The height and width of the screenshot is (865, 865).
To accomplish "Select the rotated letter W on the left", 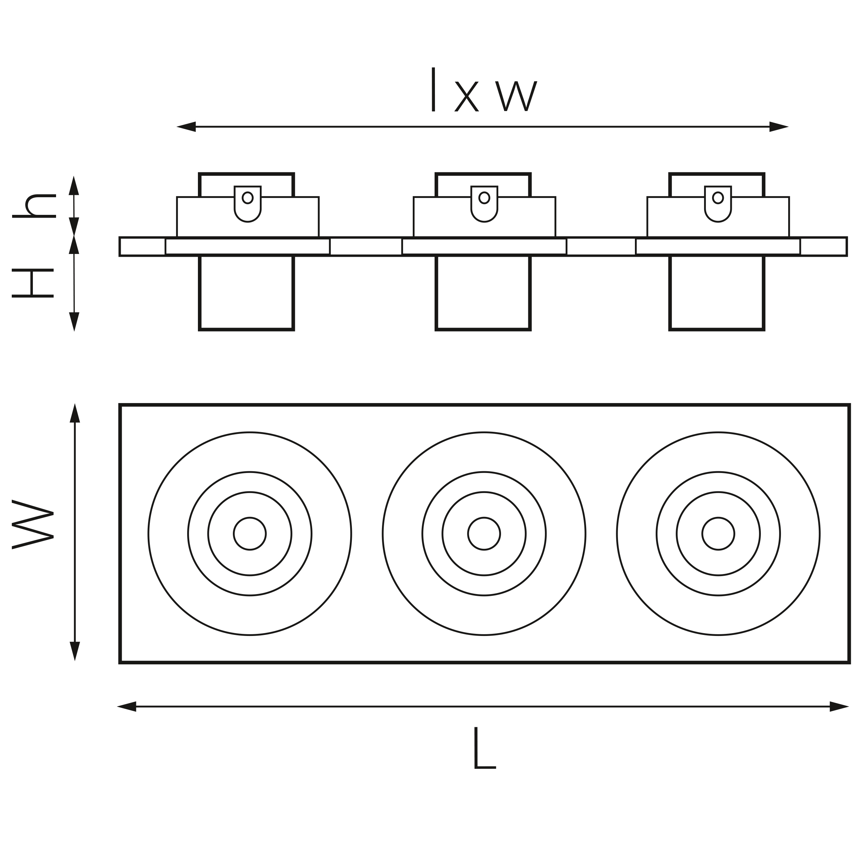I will [33, 524].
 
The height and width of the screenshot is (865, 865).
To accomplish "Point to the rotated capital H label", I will [33, 283].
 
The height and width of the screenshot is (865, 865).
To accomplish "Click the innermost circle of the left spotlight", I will [250, 534].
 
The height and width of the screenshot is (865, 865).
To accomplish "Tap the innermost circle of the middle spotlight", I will [484, 534].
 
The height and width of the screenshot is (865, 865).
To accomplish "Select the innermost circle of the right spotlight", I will [718, 534].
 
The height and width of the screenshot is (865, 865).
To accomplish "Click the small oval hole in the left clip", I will [248, 198].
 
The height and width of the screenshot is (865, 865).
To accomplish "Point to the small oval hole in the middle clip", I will [484, 198].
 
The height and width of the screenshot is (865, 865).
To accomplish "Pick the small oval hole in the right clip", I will [718, 198].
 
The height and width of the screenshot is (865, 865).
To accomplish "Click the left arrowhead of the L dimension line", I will [127, 707].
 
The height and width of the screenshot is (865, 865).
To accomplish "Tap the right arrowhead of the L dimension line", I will [839, 707].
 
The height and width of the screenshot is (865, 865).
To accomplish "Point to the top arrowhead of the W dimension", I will [75, 413].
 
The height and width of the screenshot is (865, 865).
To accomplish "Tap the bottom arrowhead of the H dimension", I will [74, 321].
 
